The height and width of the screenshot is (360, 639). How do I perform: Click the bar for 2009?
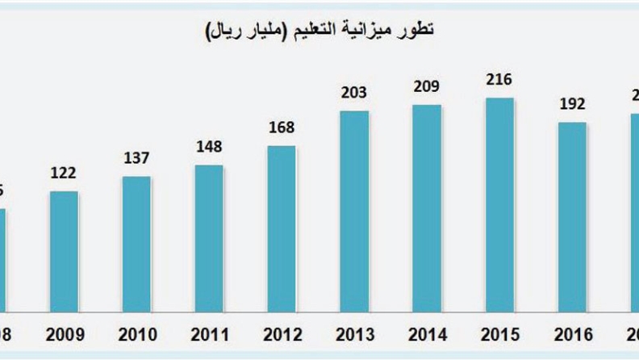click(x=65, y=251)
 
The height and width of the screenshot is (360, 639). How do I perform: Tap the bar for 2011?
click(x=209, y=238)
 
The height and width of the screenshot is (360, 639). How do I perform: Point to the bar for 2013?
click(x=354, y=211)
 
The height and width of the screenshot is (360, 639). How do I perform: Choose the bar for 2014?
click(x=427, y=207)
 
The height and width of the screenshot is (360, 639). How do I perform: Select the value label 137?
click(x=136, y=158)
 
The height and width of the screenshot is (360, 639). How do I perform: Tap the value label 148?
click(x=209, y=147)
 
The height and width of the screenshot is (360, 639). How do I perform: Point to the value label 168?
click(x=282, y=128)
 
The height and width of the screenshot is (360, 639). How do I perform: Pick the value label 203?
click(x=354, y=93)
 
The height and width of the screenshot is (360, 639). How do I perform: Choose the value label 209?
click(x=427, y=86)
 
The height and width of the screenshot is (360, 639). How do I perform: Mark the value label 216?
click(x=499, y=80)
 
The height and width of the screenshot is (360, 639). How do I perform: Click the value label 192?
click(x=572, y=104)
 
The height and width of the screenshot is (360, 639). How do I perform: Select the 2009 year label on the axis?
click(x=64, y=334)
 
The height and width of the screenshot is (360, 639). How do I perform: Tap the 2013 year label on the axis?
click(x=354, y=334)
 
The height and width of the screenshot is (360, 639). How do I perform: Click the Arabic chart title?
click(x=319, y=31)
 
